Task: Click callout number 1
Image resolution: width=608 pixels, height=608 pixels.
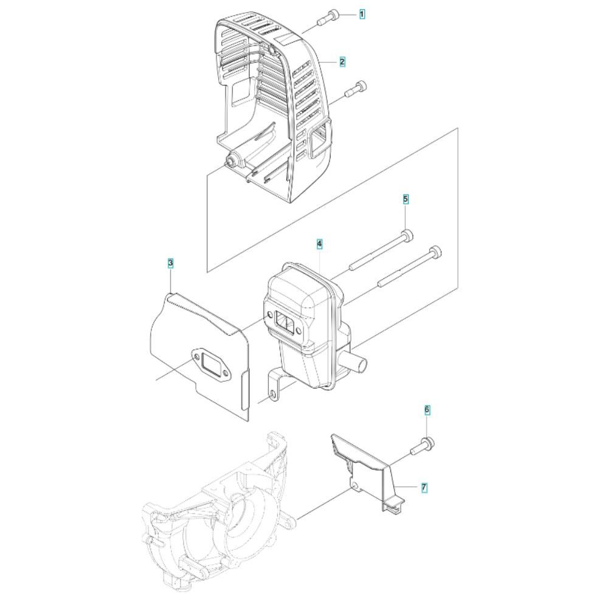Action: tap(362, 15)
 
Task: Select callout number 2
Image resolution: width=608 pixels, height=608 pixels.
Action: tap(342, 61)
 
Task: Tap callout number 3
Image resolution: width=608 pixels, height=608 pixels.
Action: tap(171, 263)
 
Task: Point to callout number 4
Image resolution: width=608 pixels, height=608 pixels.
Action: tap(319, 244)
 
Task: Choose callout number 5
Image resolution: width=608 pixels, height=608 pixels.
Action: tap(406, 199)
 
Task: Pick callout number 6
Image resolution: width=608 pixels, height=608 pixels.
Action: tap(427, 410)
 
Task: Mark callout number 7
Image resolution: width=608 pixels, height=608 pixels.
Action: tap(424, 488)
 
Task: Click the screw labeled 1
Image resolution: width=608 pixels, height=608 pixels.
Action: tap(328, 18)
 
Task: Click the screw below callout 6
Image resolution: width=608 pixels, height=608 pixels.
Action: tap(422, 447)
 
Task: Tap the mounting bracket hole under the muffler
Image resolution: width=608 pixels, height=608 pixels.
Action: tap(274, 395)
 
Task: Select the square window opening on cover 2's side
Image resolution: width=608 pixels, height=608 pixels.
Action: tap(320, 141)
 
